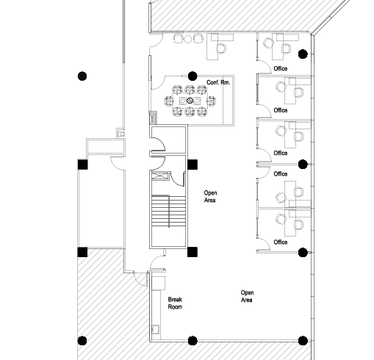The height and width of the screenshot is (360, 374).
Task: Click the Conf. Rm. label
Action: [x=218, y=82]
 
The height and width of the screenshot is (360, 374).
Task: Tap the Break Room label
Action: [x=175, y=303]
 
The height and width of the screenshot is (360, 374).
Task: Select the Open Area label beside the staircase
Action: [x=210, y=196]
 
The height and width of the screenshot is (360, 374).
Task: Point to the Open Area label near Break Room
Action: [x=247, y=296]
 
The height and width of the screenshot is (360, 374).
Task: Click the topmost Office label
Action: [x=281, y=68]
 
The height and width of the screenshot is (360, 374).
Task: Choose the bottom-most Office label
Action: [x=281, y=242]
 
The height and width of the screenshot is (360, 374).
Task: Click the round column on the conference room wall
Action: [x=193, y=76]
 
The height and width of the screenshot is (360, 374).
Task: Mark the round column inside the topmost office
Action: [x=303, y=54]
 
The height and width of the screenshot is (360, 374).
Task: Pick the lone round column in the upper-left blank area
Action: [x=82, y=76]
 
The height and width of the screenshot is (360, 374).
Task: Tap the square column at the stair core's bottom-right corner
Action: [x=193, y=252]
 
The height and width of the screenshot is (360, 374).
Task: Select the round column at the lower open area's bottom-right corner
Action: [x=303, y=341]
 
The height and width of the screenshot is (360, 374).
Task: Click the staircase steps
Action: [x=168, y=211]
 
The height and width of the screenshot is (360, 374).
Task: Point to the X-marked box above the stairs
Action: [x=160, y=176]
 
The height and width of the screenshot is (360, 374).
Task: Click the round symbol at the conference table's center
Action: [x=190, y=101]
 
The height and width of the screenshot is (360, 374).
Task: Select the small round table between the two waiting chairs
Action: [x=188, y=39]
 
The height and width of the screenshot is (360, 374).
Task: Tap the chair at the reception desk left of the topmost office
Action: [x=221, y=48]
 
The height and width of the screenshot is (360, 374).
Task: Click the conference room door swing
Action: [x=158, y=82]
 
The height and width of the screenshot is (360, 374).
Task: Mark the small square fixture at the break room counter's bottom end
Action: [x=156, y=329]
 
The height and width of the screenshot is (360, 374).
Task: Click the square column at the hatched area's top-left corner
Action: [x=82, y=252]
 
